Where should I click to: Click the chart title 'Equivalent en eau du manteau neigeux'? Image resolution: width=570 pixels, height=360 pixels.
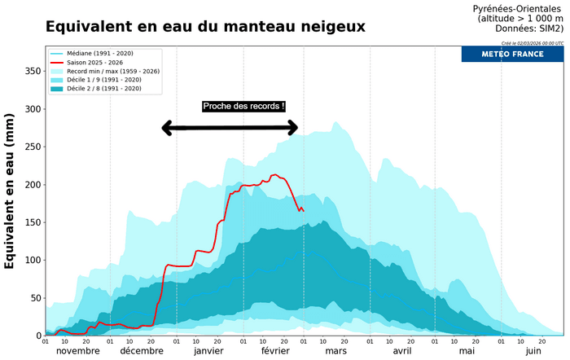click(205, 27)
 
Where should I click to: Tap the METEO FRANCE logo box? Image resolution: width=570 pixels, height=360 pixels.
click(512, 54)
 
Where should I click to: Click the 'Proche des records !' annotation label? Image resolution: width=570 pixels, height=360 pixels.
click(243, 106)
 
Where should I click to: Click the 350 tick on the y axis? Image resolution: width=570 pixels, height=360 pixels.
click(32, 72)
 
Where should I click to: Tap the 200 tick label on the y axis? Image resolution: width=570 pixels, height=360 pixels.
click(32, 185)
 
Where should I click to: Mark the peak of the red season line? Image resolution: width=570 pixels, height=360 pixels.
click(274, 174)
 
